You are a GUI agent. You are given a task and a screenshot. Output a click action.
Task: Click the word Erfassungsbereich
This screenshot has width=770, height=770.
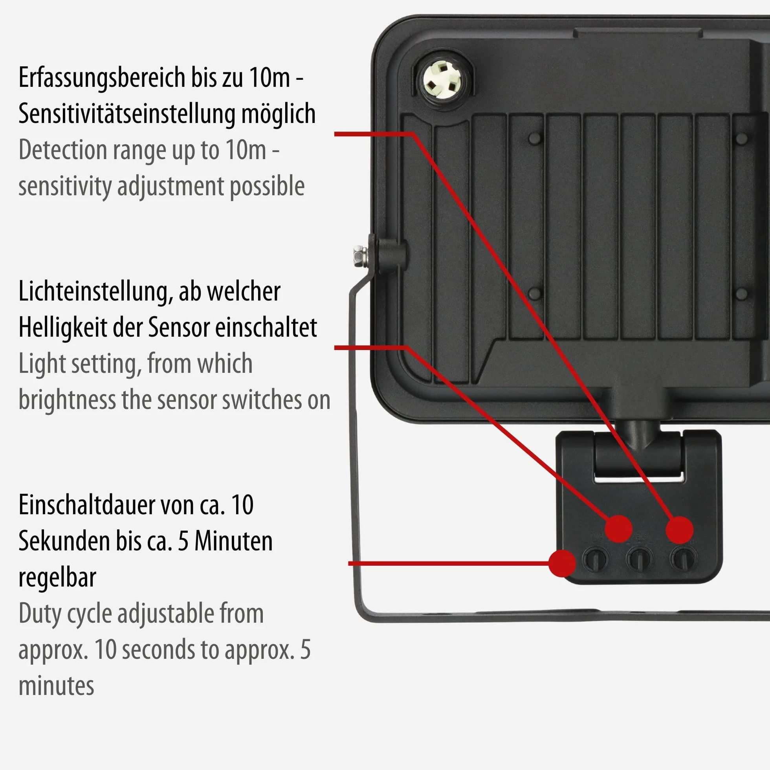tap(102, 79)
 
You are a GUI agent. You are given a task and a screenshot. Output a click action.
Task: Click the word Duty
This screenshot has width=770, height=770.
tap(40, 614)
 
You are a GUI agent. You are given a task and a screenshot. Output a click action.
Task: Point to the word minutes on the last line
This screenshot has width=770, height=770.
tap(56, 686)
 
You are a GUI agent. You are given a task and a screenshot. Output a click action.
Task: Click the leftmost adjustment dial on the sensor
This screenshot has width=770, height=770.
tap(596, 559)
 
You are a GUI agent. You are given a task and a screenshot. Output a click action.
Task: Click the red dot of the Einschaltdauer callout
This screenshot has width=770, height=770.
tap(562, 563)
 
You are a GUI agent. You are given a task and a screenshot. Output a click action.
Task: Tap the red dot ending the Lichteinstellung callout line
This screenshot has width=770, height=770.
tap(618, 528)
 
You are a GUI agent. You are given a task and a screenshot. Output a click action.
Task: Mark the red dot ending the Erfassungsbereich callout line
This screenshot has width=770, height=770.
tap(680, 530)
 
